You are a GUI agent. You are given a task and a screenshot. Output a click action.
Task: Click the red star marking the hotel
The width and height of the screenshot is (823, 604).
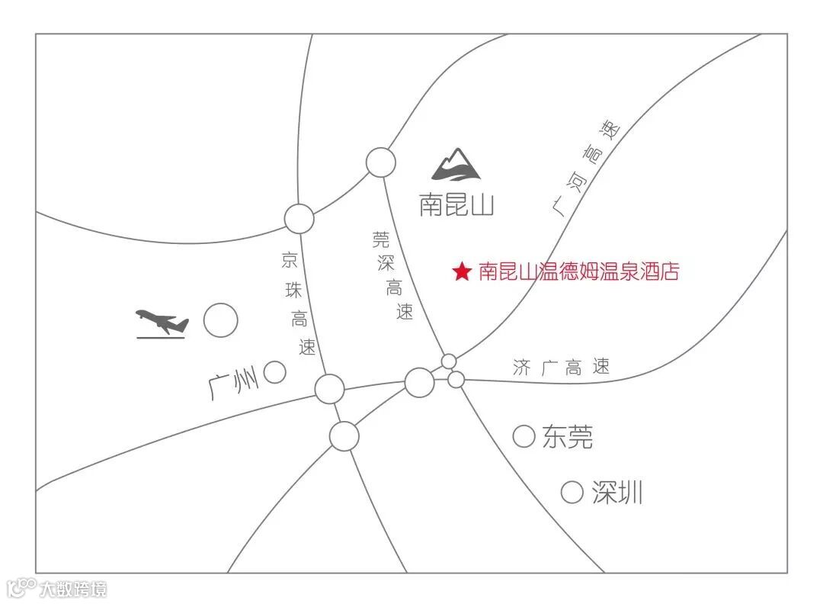click(x=462, y=272)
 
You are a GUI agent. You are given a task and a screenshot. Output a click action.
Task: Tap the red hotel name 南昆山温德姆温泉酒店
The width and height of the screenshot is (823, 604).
click(x=578, y=272)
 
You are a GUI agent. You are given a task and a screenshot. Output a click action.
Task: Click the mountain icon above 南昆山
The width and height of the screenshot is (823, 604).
click(x=457, y=164)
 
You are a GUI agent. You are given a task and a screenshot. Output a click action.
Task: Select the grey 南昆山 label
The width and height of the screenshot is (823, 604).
click(x=456, y=204)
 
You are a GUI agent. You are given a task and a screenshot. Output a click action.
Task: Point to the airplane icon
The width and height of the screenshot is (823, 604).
click(x=162, y=323)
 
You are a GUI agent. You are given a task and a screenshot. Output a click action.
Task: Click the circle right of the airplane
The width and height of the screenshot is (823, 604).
click(x=220, y=320)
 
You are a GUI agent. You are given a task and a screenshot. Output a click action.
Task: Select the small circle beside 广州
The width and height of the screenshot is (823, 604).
click(x=274, y=372)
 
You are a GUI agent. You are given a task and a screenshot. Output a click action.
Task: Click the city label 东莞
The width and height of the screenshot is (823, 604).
click(x=568, y=437)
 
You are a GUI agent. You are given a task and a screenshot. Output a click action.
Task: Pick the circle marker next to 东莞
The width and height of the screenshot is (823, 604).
click(x=524, y=436)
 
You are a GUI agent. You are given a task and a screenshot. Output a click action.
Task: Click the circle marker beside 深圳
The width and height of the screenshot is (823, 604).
click(x=572, y=492)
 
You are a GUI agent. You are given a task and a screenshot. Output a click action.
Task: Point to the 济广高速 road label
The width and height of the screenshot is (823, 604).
click(x=562, y=368)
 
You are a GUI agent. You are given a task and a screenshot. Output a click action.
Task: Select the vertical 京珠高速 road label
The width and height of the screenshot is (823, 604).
click(x=297, y=304)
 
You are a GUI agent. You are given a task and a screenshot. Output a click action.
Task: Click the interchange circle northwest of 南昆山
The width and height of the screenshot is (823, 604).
click(x=380, y=162)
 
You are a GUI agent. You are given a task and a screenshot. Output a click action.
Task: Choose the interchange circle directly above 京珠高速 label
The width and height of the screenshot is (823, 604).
click(x=299, y=219)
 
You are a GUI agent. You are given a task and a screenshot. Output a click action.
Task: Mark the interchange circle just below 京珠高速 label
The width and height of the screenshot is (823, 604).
click(x=330, y=388)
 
